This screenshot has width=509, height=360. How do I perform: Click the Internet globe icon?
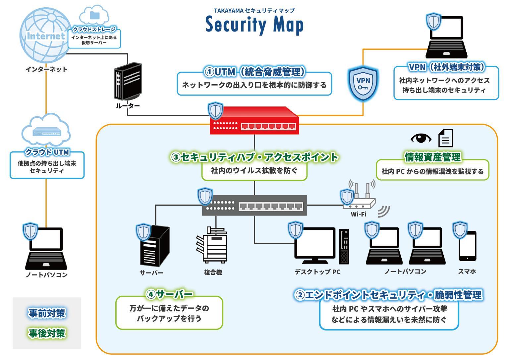pyautogui.click(x=45, y=35)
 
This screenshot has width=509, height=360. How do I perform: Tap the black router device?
pyautogui.click(x=128, y=81)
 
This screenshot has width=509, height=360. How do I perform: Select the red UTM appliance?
pyautogui.click(x=254, y=121)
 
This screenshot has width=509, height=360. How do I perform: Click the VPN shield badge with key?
pyautogui.click(x=363, y=84)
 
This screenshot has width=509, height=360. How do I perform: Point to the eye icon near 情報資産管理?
pyautogui.click(x=421, y=138)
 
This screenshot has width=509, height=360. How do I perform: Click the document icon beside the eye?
pyautogui.click(x=445, y=138)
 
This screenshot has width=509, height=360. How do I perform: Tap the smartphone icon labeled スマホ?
pyautogui.click(x=467, y=246)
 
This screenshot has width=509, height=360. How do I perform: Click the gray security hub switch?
pyautogui.click(x=254, y=206)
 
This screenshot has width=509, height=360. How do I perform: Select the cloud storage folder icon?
pyautogui.click(x=94, y=15)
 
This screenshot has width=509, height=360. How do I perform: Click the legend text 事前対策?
pyautogui.click(x=47, y=313)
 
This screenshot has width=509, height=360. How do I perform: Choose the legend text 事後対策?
pyautogui.click(x=47, y=333)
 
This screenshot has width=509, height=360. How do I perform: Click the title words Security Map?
pyautogui.click(x=254, y=25)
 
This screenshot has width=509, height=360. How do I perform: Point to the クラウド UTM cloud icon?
pyautogui.click(x=46, y=130)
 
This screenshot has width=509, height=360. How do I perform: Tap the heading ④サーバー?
pyautogui.click(x=169, y=294)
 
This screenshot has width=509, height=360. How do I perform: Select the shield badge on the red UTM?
pyautogui.click(x=215, y=110)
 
